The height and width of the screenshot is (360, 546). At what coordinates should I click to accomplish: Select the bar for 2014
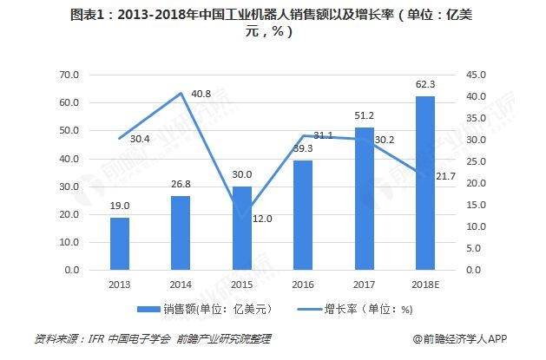[x=179, y=233]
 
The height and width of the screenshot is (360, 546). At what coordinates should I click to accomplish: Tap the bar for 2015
[x=242, y=228]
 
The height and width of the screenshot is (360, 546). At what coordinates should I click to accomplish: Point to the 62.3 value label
[x=425, y=85]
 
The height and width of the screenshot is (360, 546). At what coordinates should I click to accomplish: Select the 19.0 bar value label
[x=120, y=206]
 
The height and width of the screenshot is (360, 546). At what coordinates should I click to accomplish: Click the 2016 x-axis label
[x=303, y=283]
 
